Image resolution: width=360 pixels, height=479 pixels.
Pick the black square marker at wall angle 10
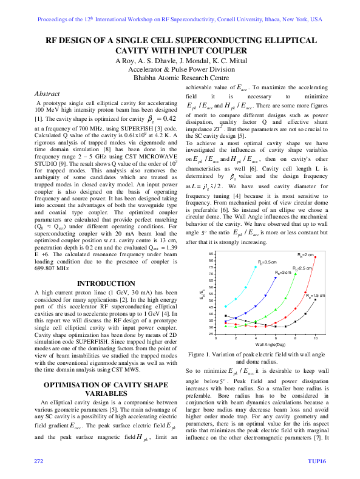coord(315,300)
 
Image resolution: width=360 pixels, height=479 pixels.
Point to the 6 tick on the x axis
coord(276,338)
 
